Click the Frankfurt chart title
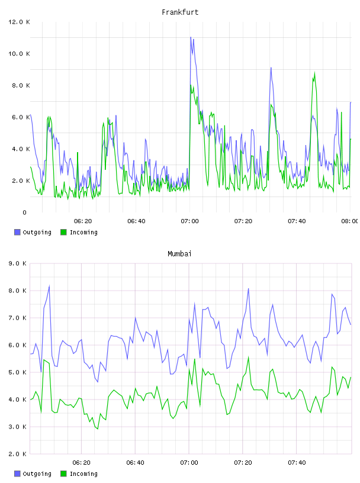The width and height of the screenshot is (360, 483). tap(180, 12)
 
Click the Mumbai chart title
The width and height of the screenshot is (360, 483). tap(179, 254)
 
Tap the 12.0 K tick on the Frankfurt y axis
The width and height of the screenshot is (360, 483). tap(19, 22)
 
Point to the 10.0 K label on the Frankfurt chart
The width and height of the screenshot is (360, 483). tap(19, 54)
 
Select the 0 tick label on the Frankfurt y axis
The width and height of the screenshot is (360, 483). tap(25, 212)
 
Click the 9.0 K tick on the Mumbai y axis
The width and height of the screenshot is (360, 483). tap(18, 263)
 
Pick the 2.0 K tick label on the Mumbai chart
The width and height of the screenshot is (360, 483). tap(18, 454)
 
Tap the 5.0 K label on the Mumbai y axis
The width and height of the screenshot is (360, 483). tap(18, 372)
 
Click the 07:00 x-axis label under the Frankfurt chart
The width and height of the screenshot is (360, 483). tap(189, 221)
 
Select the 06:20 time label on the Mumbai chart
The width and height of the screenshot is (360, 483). tap(81, 463)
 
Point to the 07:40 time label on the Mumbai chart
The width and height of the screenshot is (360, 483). tap(297, 463)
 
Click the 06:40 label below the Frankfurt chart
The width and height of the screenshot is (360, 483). tap(136, 221)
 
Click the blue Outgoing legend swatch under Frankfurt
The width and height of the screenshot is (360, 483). tap(17, 232)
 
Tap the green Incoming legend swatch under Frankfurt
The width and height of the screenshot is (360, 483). tap(63, 232)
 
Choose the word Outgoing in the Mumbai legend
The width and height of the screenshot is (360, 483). tap(37, 474)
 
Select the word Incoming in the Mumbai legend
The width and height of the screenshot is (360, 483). tap(83, 474)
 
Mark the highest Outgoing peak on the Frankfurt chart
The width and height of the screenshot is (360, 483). tap(191, 37)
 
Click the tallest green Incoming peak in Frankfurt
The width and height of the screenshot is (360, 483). tap(314, 72)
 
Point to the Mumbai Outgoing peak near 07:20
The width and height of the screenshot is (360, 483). tap(249, 289)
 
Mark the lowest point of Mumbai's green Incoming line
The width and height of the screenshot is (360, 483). tap(98, 429)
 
